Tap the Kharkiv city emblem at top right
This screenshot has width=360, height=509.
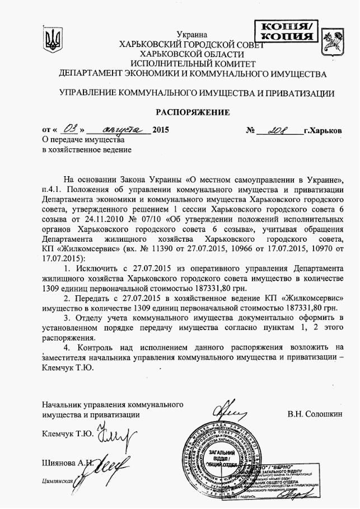(x=338, y=41)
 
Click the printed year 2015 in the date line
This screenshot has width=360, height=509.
(x=160, y=130)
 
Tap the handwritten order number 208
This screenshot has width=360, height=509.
(x=277, y=129)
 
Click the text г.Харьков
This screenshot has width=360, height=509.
(x=322, y=130)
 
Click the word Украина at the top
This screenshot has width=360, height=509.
(x=195, y=35)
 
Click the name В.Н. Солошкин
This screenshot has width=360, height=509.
(x=314, y=415)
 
